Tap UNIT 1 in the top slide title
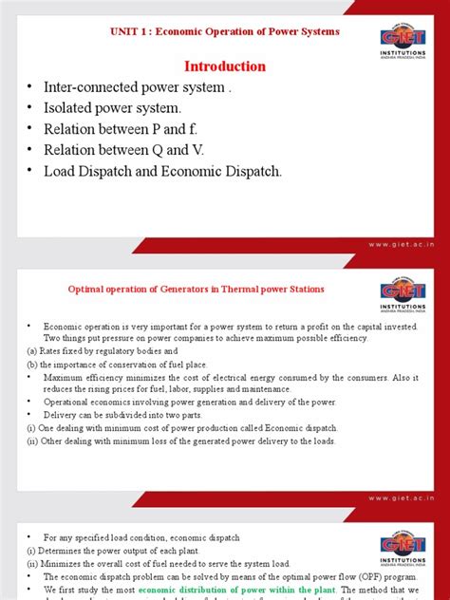point(132,32)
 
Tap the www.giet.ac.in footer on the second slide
point(402,496)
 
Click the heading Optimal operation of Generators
point(195,290)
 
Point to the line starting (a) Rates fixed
point(95,352)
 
